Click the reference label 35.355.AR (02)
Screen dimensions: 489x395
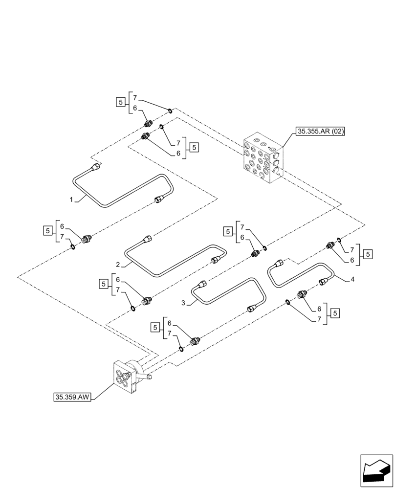(320, 132)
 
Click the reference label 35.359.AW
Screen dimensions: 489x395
(72, 397)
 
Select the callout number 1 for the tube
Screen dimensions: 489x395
(71, 200)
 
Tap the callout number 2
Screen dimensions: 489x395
(118, 265)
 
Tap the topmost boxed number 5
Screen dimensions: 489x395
(120, 102)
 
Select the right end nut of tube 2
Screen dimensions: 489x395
(216, 260)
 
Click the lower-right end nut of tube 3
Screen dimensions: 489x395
(251, 307)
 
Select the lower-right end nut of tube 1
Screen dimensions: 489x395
(159, 199)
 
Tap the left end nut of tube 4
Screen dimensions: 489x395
(279, 264)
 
